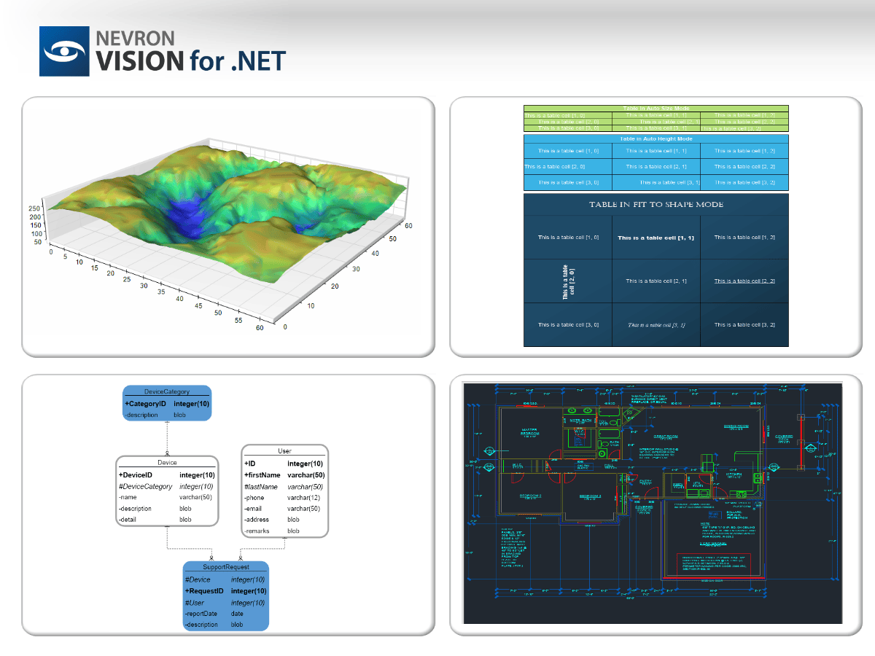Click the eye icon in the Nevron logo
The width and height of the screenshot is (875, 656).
pos(64,52)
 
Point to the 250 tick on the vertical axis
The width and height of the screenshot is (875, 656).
pos(34,208)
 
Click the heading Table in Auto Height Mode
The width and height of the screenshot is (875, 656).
pos(656,138)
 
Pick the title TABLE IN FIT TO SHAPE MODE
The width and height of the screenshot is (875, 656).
pos(656,205)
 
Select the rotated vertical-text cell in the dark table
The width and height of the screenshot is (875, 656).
pos(568,281)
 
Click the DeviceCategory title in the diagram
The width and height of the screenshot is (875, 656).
pos(167,392)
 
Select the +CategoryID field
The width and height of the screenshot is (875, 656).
pos(146,404)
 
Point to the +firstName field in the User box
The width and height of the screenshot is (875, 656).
pos(262,475)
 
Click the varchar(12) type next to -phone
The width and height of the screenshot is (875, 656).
pos(303,498)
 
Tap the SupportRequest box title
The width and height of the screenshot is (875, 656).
pos(225,567)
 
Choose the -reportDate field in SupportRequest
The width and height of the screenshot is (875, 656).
pos(201,614)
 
